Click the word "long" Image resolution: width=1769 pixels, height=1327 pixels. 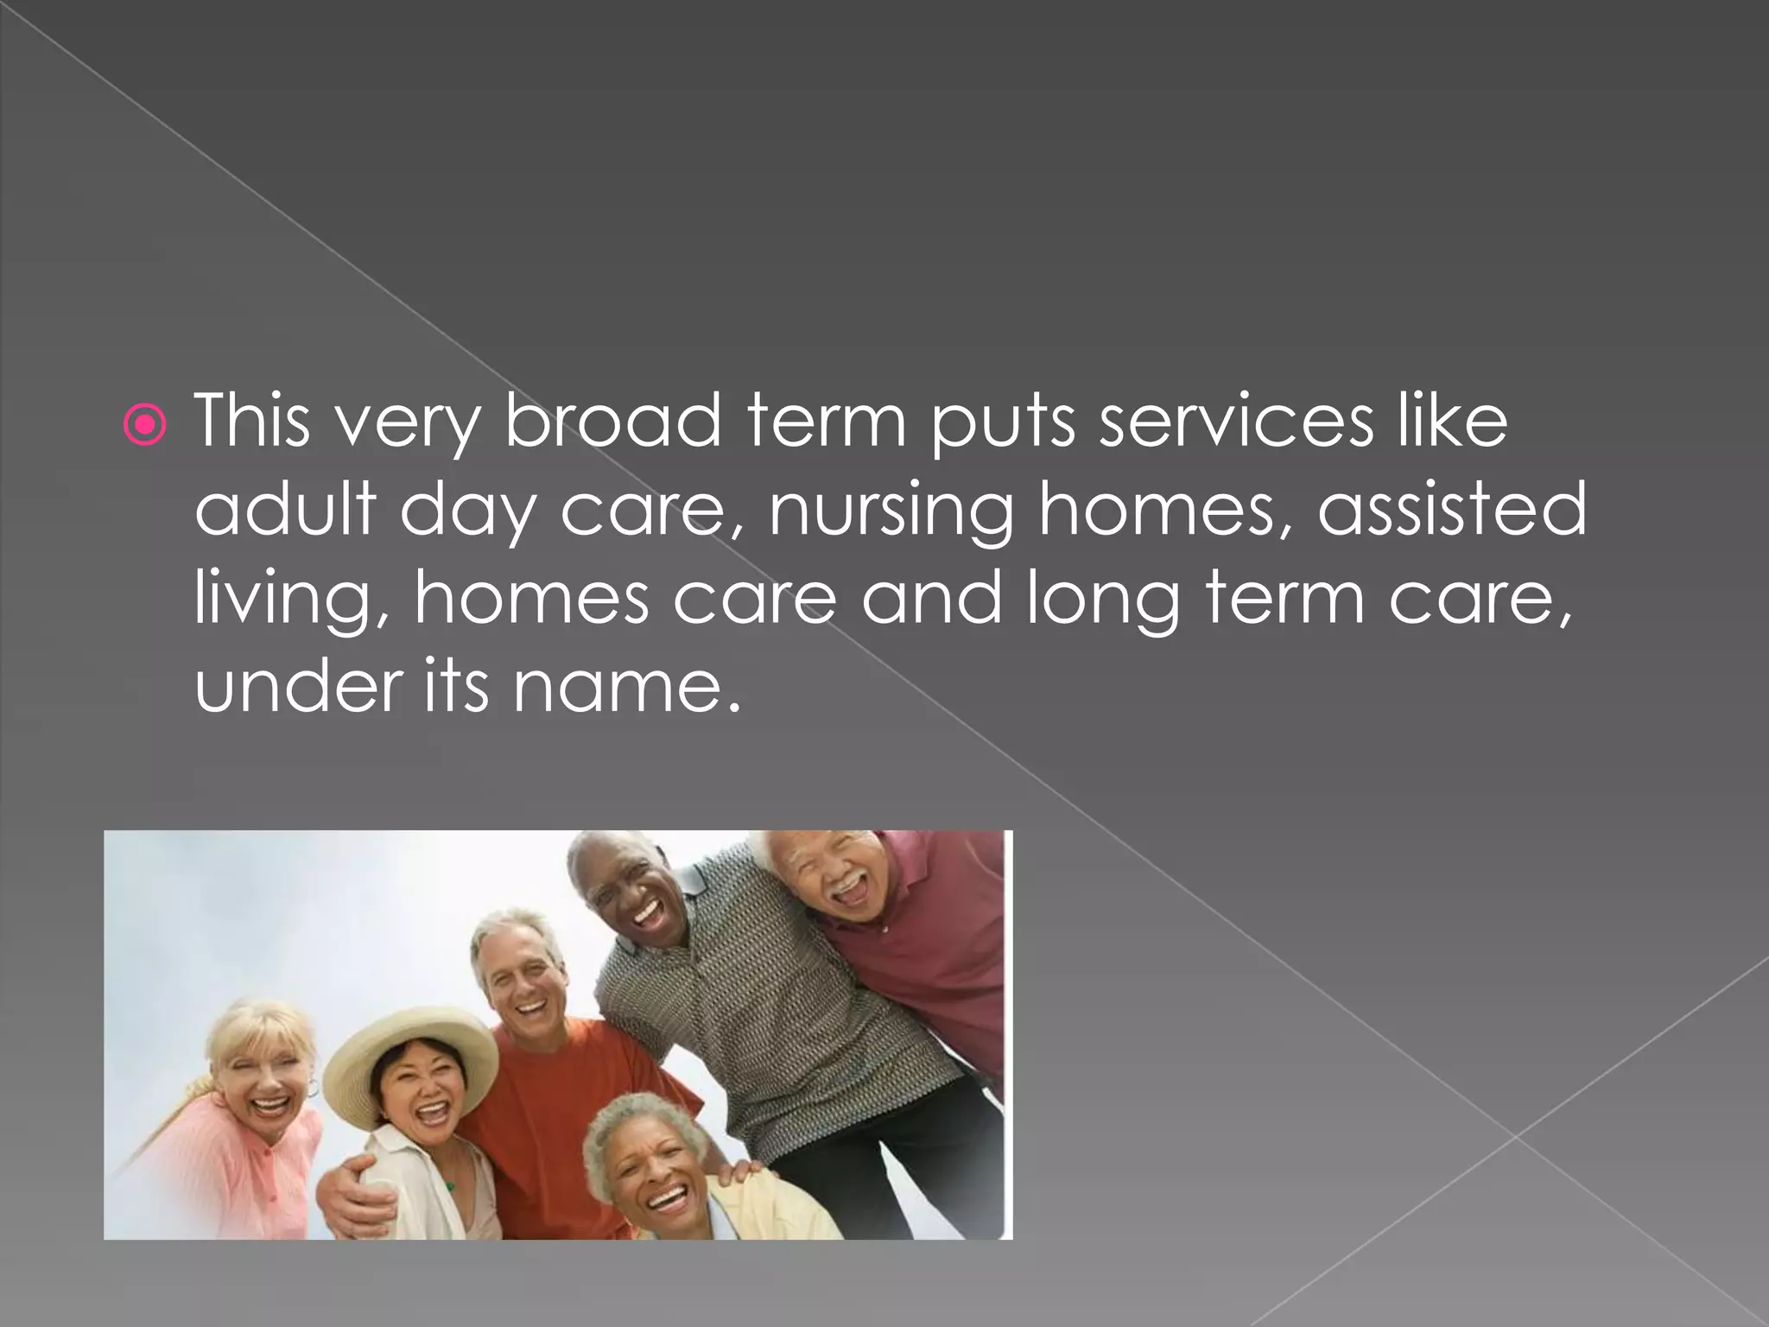(1102, 600)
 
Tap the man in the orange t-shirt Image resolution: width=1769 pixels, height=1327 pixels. (527, 1063)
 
